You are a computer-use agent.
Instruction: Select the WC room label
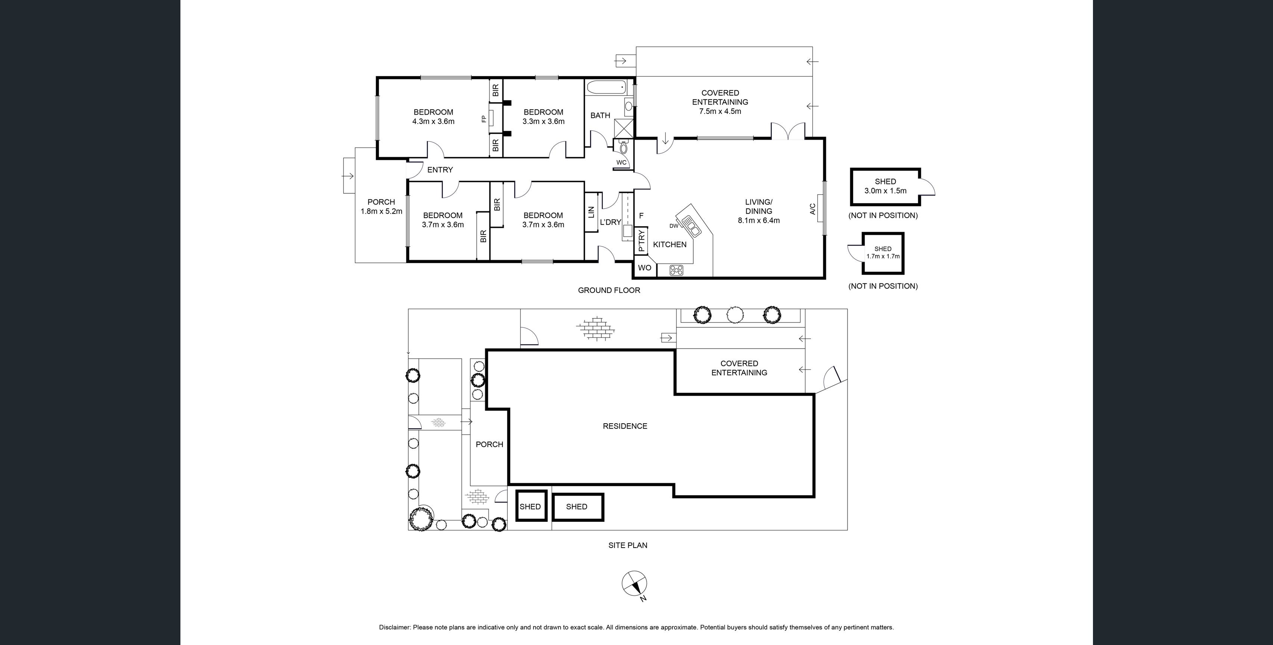coord(621,162)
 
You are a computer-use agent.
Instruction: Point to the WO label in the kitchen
coord(644,268)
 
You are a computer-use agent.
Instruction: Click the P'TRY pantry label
coord(641,242)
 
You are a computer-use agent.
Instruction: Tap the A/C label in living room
coord(812,209)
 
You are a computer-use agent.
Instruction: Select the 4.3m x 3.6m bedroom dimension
coord(433,121)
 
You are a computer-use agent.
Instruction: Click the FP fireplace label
coord(484,119)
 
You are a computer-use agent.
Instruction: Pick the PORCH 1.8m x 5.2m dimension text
coord(381,211)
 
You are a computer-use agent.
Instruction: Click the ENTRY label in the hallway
coord(440,170)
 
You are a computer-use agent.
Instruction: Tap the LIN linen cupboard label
coord(591,212)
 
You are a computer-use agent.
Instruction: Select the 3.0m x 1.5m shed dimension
coord(885,191)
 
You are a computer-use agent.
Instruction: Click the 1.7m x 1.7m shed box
coord(883,253)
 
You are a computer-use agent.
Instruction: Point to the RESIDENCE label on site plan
coord(625,426)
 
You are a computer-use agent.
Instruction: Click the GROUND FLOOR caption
coord(609,290)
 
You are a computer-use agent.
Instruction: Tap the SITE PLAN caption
coord(628,545)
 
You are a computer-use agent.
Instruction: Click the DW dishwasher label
coord(673,226)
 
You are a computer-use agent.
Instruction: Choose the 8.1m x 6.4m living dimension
coord(759,221)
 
